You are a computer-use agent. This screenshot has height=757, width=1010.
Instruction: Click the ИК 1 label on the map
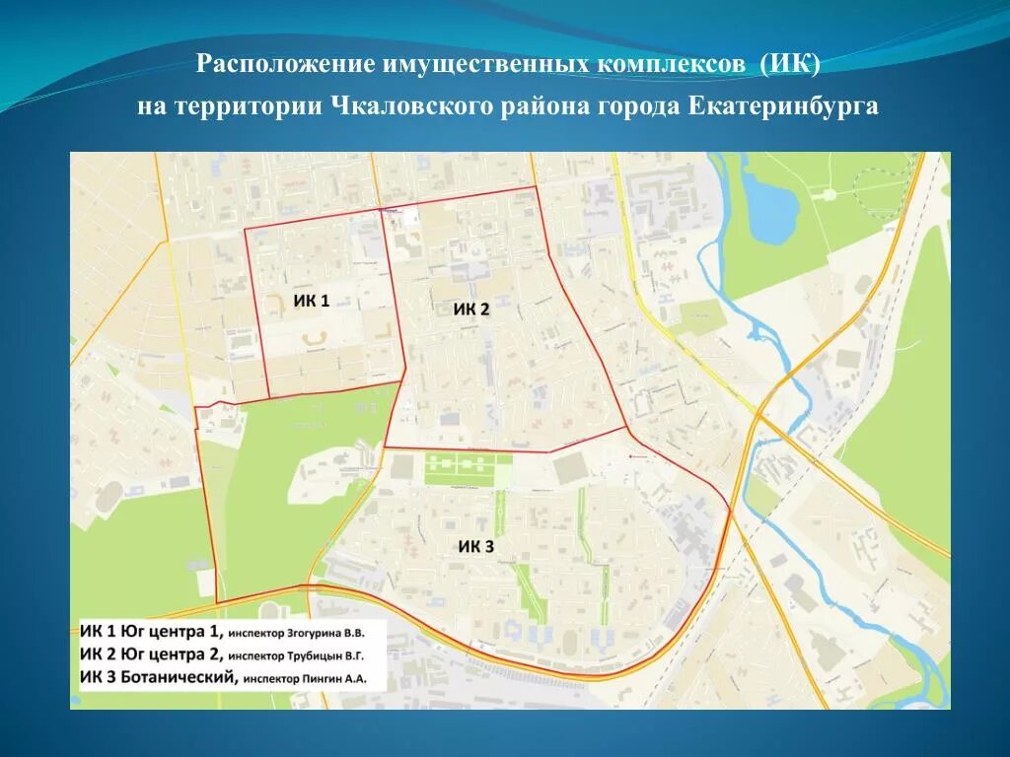pos(312,301)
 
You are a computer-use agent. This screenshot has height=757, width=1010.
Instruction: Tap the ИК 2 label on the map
pos(470,310)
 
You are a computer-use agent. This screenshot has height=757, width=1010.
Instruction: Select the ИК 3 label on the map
pos(475,546)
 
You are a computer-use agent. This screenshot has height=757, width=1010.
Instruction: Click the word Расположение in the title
pos(282,65)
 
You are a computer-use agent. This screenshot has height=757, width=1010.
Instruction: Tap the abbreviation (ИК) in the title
pos(789,65)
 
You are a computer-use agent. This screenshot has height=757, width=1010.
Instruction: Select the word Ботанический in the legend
pos(180,676)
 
